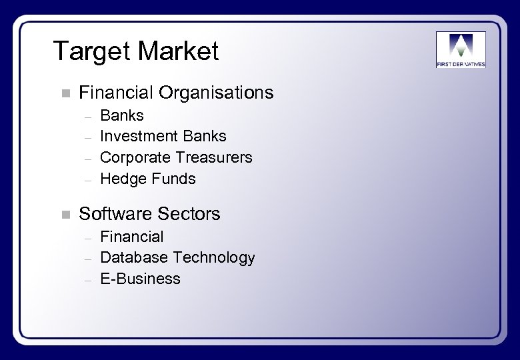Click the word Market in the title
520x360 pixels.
tap(179, 51)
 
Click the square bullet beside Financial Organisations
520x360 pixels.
tap(65, 93)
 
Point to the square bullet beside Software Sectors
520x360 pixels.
tap(65, 215)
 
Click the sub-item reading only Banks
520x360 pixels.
tap(121, 115)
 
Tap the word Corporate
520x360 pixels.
tap(135, 157)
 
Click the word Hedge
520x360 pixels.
tap(121, 179)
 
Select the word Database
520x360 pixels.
tap(133, 257)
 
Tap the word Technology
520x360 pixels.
tap(213, 257)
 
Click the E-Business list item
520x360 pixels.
tap(140, 279)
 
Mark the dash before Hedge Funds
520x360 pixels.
tap(87, 179)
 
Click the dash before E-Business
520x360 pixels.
tap(87, 279)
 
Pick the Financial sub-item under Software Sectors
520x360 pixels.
tap(131, 237)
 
